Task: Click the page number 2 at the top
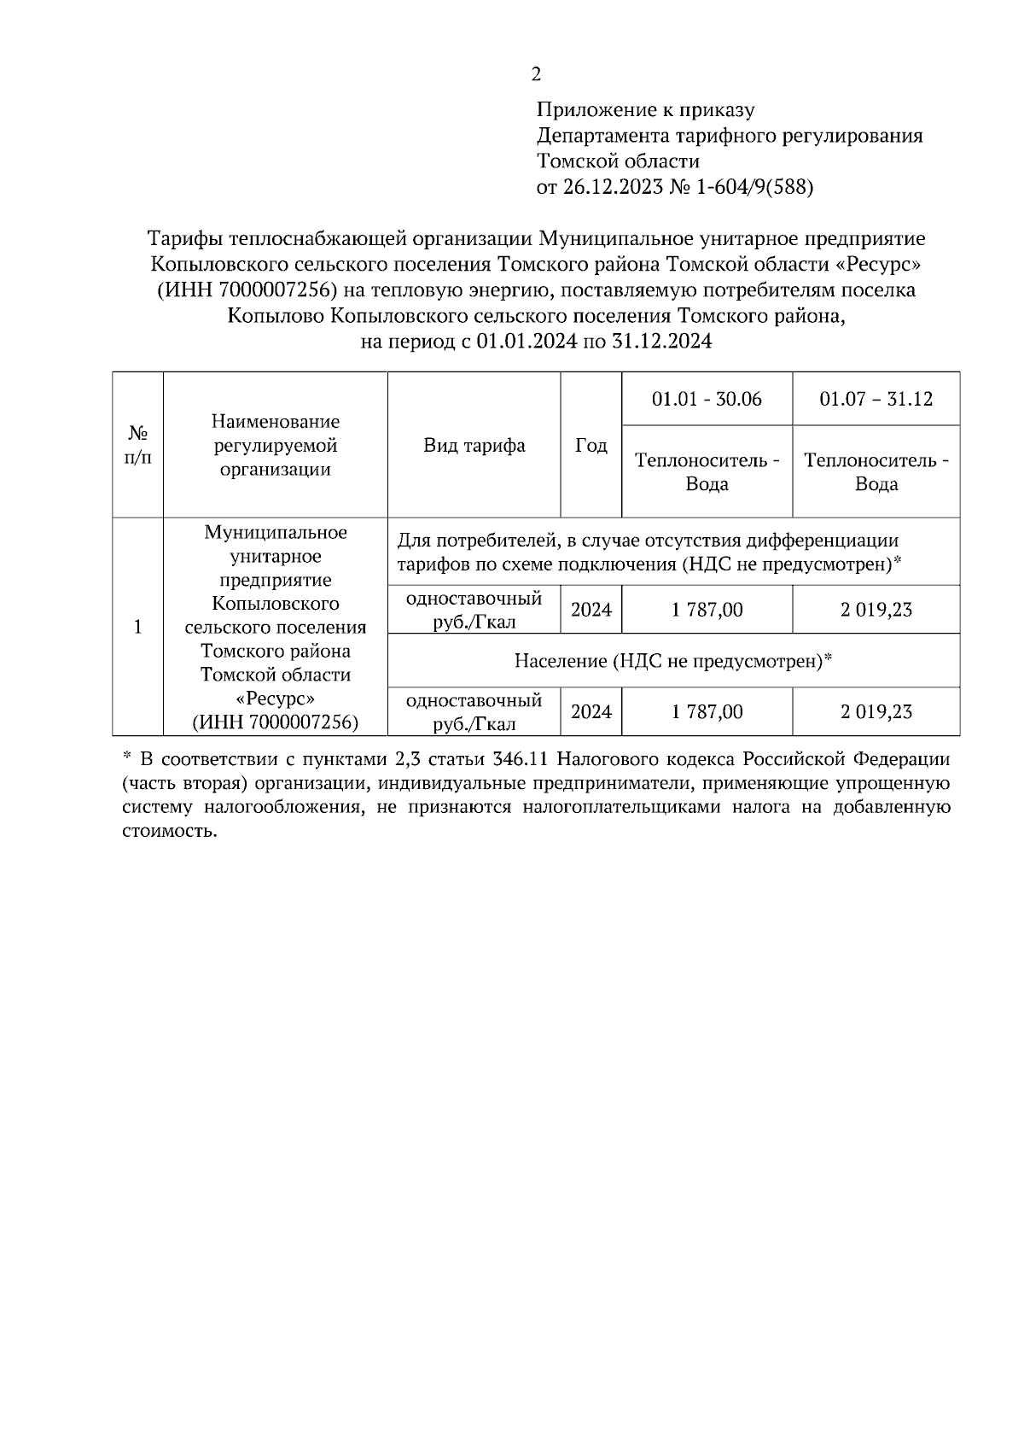pyautogui.click(x=536, y=75)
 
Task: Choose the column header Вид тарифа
pyautogui.click(x=474, y=445)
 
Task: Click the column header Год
pyautogui.click(x=591, y=445)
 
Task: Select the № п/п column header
pyautogui.click(x=138, y=445)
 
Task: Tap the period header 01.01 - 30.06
pyautogui.click(x=707, y=399)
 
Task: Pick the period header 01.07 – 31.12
pyautogui.click(x=876, y=399)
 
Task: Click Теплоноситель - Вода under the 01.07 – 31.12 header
pyautogui.click(x=876, y=472)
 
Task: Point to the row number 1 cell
pyautogui.click(x=138, y=627)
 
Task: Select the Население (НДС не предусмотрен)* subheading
pyautogui.click(x=673, y=660)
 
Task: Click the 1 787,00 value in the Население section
pyautogui.click(x=707, y=711)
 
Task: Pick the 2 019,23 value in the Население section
pyautogui.click(x=876, y=711)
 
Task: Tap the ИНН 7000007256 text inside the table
pyautogui.click(x=275, y=722)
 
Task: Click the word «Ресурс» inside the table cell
pyautogui.click(x=275, y=699)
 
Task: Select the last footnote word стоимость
pyautogui.click(x=170, y=831)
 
